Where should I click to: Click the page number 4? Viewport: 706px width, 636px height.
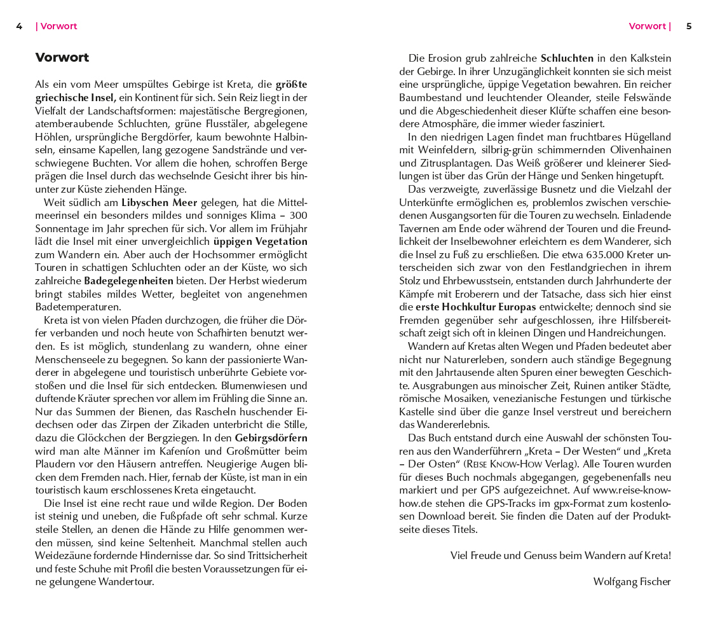(19, 27)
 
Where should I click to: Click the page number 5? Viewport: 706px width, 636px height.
(689, 27)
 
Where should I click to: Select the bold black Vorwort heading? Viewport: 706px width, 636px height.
(62, 58)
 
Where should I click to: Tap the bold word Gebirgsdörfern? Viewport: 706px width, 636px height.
(271, 438)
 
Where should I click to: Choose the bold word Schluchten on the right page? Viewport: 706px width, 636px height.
(567, 59)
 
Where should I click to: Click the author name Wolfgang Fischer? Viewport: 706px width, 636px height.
(632, 581)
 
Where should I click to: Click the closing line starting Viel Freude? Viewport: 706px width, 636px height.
(560, 555)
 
